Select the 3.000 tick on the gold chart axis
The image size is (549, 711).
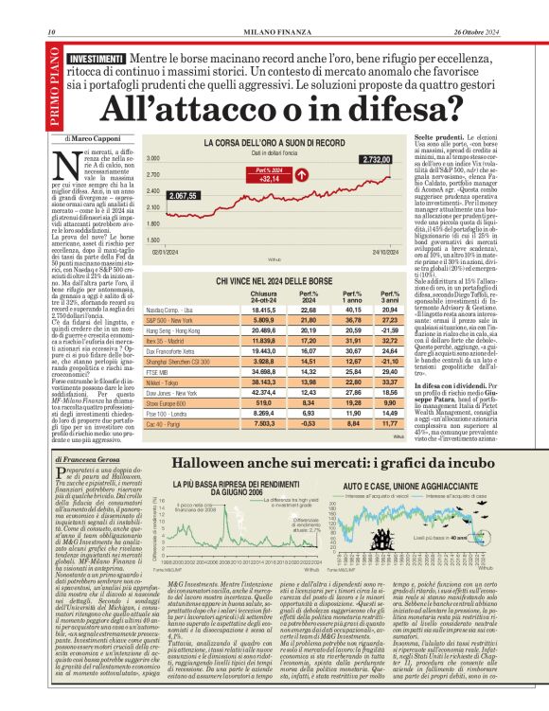154,160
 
